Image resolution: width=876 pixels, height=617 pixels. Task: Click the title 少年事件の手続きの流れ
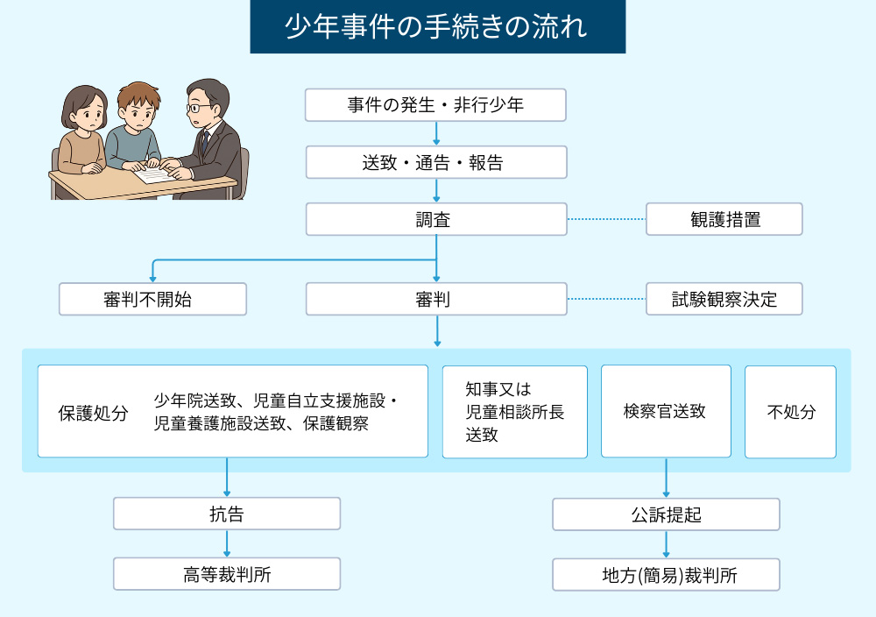point(437,26)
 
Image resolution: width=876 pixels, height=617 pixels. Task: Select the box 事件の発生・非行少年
point(435,105)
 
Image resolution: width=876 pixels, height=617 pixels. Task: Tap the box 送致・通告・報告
point(435,162)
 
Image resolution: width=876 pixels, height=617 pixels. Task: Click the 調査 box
point(435,219)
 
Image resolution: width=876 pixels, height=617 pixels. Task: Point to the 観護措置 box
point(724,219)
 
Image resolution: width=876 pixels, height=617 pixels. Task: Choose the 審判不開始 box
point(152,299)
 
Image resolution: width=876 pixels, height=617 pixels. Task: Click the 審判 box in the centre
point(435,299)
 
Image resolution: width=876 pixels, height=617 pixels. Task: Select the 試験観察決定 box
point(724,299)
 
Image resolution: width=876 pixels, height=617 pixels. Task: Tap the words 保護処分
point(93,413)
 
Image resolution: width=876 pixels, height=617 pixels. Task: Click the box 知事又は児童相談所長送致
point(514,412)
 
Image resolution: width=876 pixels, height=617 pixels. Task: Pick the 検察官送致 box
point(665,412)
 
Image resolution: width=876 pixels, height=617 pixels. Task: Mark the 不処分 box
point(790,412)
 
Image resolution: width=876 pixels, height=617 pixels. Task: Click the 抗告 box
point(227,514)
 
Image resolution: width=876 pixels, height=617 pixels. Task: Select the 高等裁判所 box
point(227,574)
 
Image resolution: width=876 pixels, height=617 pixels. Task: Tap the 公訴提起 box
point(666,514)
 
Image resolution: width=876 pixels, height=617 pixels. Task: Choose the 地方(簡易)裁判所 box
point(666,575)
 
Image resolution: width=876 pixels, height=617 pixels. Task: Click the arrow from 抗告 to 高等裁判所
point(227,544)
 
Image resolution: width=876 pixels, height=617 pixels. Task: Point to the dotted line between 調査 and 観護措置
point(606,219)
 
